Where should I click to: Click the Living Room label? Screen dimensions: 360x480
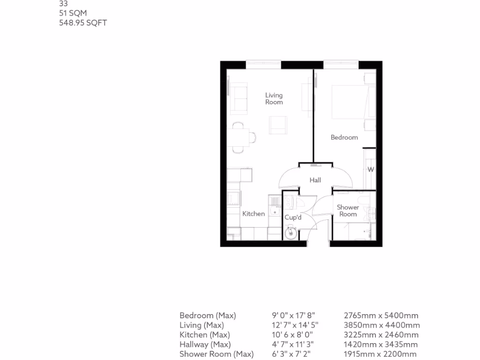tap(274, 98)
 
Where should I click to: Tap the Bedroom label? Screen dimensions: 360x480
tap(344, 137)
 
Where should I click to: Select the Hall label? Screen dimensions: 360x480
tap(315, 180)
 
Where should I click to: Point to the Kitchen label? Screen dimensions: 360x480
tap(253, 214)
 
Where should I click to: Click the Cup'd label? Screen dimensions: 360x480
tap(293, 217)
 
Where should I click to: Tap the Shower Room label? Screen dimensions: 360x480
tap(348, 210)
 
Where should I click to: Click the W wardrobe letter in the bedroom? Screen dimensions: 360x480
tap(370, 169)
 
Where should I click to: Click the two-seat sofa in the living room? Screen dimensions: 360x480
tap(239, 98)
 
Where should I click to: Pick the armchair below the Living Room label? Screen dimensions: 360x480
tap(277, 125)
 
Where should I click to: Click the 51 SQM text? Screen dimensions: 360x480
tap(73, 13)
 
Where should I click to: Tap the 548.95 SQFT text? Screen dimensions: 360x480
tap(83, 22)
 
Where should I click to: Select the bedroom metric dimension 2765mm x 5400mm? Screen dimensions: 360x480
tap(381, 315)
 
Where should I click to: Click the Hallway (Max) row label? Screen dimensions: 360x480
tap(204, 345)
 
